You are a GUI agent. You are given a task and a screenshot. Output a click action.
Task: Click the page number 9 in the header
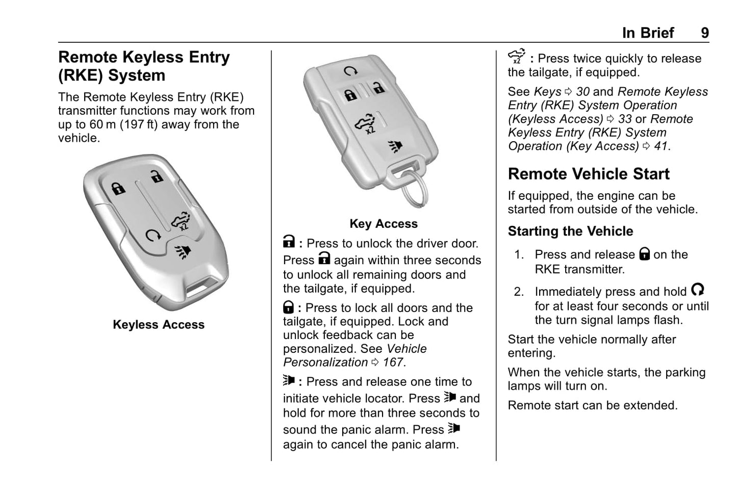pyautogui.click(x=704, y=33)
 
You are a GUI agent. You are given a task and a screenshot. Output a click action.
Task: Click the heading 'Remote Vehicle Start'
pyautogui.click(x=588, y=174)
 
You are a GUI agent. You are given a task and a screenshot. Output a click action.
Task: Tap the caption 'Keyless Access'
pyautogui.click(x=158, y=325)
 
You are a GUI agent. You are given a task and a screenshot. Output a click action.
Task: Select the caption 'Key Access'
pyautogui.click(x=383, y=224)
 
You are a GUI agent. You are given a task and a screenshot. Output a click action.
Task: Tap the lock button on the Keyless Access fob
pyautogui.click(x=118, y=189)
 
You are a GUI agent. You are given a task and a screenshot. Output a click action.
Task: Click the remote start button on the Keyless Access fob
pyautogui.click(x=153, y=235)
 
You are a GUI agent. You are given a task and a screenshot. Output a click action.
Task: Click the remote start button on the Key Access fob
pyautogui.click(x=350, y=71)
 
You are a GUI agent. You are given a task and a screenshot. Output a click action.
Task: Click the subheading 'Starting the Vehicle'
pyautogui.click(x=570, y=231)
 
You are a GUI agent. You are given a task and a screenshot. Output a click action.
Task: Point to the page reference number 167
pyautogui.click(x=393, y=362)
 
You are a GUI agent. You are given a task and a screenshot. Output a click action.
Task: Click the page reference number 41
pyautogui.click(x=660, y=146)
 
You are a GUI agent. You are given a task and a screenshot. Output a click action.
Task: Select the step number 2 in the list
pyautogui.click(x=519, y=292)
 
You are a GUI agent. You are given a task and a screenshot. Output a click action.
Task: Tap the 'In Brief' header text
pyautogui.click(x=648, y=33)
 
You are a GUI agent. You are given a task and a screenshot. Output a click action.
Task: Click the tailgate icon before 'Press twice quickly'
pyautogui.click(x=517, y=57)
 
